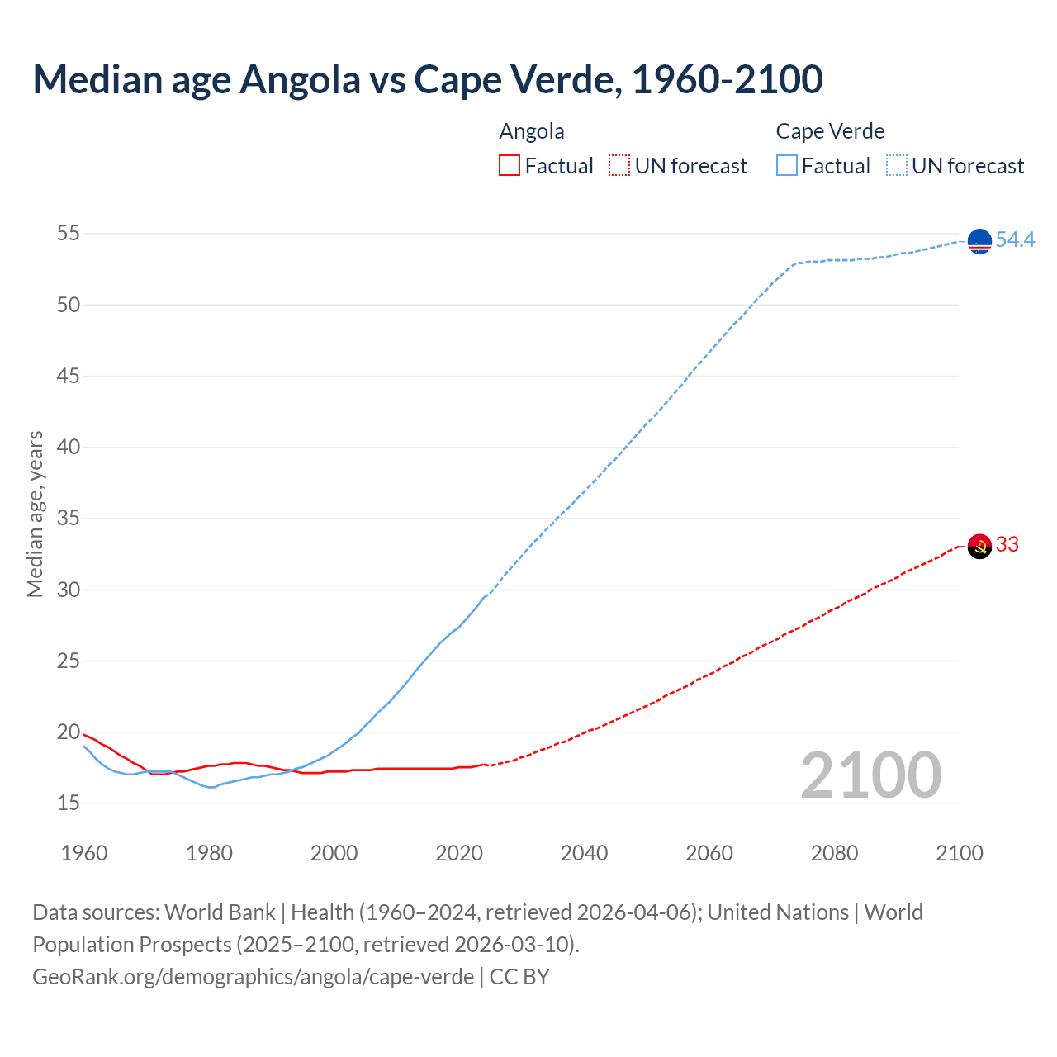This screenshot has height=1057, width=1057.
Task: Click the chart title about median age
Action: (x=428, y=80)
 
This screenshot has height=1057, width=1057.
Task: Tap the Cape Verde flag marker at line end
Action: (x=979, y=241)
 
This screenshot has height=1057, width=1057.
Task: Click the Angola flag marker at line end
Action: (x=979, y=546)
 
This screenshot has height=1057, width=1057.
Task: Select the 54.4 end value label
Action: (x=1015, y=239)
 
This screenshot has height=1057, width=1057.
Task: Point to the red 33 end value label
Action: (x=1007, y=544)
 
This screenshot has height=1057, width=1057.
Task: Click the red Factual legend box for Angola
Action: (x=510, y=165)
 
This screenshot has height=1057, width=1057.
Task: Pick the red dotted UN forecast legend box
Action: (x=619, y=165)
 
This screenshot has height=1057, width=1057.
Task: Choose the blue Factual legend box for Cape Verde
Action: (x=787, y=165)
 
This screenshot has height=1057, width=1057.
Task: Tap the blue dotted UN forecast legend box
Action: (x=897, y=165)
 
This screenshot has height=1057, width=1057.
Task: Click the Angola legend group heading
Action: (x=532, y=131)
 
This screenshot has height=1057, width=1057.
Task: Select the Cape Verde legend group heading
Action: (x=830, y=131)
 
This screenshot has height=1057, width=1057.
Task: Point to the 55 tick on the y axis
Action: (x=69, y=234)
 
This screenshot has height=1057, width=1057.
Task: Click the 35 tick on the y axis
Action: (x=69, y=519)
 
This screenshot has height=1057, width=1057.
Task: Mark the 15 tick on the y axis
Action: (x=69, y=803)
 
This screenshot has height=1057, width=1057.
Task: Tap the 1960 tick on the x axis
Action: (x=84, y=853)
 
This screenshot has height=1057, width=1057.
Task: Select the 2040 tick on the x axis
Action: (x=584, y=853)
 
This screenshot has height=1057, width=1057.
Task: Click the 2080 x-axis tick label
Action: (x=834, y=853)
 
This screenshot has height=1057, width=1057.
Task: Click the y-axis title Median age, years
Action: (x=35, y=514)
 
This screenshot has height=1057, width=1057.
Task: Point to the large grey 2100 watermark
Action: (x=870, y=775)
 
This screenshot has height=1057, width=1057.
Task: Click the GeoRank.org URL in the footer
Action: (x=253, y=976)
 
